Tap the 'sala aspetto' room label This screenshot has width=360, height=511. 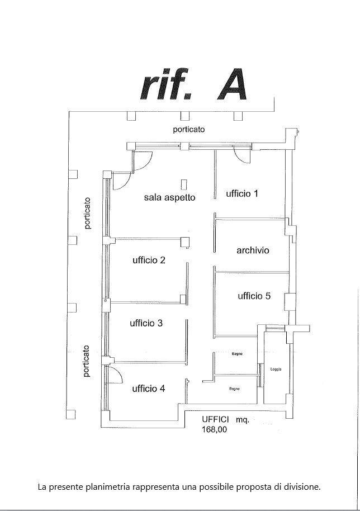point(169,197)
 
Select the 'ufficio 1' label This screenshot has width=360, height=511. point(242,194)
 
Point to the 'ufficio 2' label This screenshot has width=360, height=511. point(149,260)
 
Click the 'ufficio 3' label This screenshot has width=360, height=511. point(146,323)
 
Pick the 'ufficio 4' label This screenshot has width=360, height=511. point(148,389)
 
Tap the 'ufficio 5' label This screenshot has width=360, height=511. point(254,296)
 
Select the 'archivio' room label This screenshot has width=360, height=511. point(253,250)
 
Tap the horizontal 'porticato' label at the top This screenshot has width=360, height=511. point(188,129)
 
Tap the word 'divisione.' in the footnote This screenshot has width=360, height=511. point(303,487)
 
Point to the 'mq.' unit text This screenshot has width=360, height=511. point(242,419)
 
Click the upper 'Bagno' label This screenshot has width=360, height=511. point(236,353)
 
